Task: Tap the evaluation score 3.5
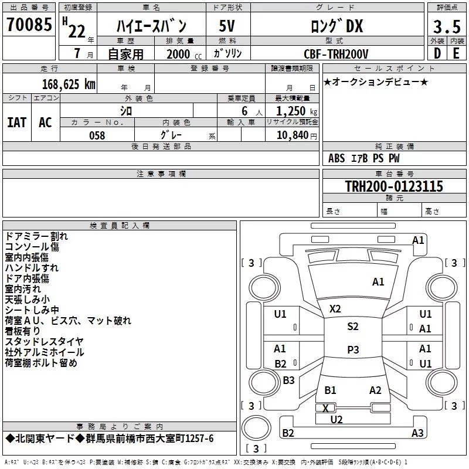coord(446,26)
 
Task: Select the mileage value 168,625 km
coord(69,83)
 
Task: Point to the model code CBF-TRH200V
coord(336,54)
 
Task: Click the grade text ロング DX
coord(337,26)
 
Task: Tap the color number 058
coord(97,135)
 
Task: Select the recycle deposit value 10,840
coord(291,135)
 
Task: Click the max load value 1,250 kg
coord(291,111)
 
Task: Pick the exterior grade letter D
coord(437,54)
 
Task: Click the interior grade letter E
coord(456,54)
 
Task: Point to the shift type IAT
coord(16,122)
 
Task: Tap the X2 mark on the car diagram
coord(335,308)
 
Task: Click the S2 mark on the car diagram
coord(352,327)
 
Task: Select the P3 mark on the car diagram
coord(352,349)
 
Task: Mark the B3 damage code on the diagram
coord(288,380)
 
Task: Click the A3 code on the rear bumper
coord(417,433)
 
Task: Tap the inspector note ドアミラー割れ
coord(36,236)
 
